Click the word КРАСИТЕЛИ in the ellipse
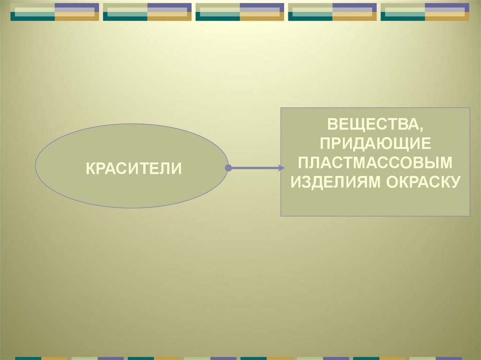[x=133, y=168]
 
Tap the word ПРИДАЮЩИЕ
[x=375, y=144]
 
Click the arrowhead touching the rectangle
[x=281, y=168]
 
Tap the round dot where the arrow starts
[x=228, y=168]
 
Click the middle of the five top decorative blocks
[x=240, y=12]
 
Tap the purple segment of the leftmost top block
[x=77, y=7]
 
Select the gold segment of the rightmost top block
[x=447, y=16]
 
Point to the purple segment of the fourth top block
[x=354, y=7]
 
